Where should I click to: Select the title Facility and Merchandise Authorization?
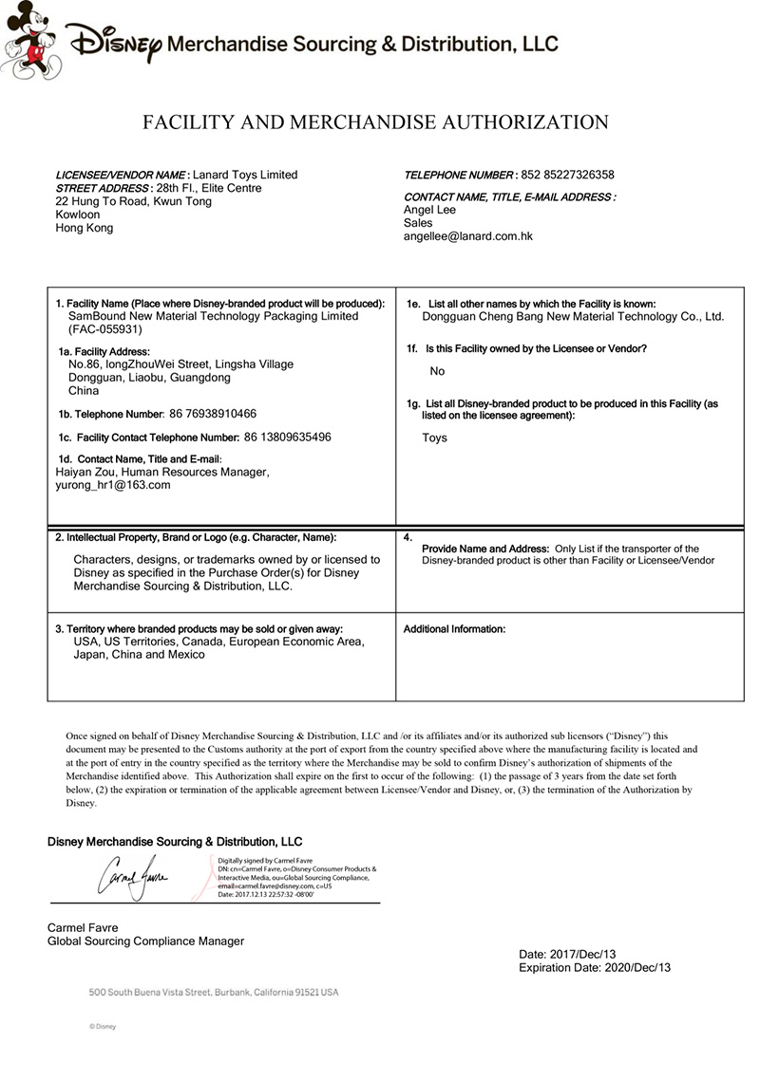(375, 121)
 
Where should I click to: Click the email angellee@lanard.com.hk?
(467, 236)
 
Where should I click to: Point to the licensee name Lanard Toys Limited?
(245, 175)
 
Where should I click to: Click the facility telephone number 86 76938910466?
(212, 414)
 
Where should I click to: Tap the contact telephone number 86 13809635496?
(288, 437)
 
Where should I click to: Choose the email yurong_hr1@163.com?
(113, 485)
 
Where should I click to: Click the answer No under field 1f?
(437, 371)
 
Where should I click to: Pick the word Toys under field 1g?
(434, 438)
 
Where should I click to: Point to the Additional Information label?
(454, 629)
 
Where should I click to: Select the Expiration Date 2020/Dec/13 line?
(595, 967)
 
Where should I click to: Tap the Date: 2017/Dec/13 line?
(567, 953)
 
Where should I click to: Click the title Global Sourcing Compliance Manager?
(145, 941)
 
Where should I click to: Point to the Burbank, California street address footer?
(214, 992)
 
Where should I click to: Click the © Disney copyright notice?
(102, 1026)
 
